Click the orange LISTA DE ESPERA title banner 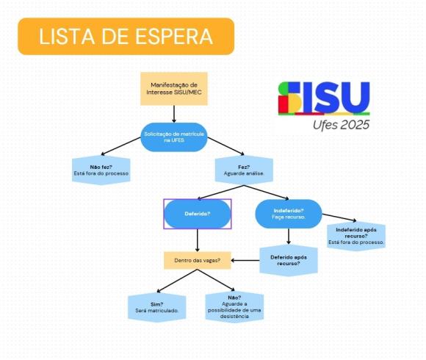click(x=126, y=37)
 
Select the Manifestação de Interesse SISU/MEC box click(x=174, y=89)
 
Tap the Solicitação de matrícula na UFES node click(x=174, y=137)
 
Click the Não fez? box click(x=101, y=170)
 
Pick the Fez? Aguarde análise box click(x=244, y=170)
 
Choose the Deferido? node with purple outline click(x=198, y=214)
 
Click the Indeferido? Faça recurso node click(x=289, y=214)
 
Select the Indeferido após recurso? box click(x=356, y=236)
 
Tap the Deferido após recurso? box click(x=289, y=260)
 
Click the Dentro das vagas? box click(x=198, y=260)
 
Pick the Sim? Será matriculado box click(x=157, y=307)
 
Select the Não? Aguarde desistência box click(x=234, y=307)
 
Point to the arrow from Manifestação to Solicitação click(x=174, y=114)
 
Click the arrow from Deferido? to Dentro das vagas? click(x=198, y=240)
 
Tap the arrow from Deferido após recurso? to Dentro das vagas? click(x=245, y=260)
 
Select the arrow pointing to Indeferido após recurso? click(x=339, y=217)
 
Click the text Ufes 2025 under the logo click(x=341, y=125)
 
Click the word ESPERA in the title click(x=174, y=37)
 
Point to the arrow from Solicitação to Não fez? click(x=120, y=146)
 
